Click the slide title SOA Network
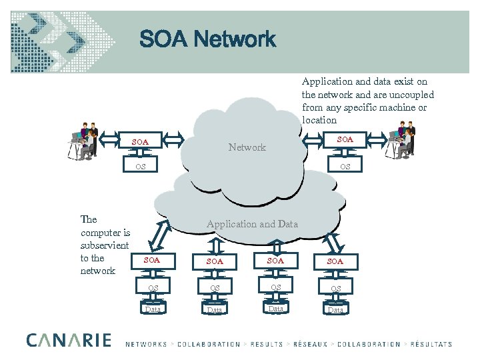pyautogui.click(x=207, y=40)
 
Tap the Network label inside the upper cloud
pyautogui.click(x=247, y=147)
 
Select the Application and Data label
pyautogui.click(x=252, y=224)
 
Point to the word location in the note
pyautogui.click(x=319, y=120)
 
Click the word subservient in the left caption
pyautogui.click(x=105, y=245)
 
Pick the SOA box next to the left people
pyautogui.click(x=140, y=142)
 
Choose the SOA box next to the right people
pyautogui.click(x=345, y=139)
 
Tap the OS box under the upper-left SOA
pyautogui.click(x=140, y=166)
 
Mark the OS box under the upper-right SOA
pyautogui.click(x=345, y=166)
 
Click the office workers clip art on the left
pyautogui.click(x=83, y=141)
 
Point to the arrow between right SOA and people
pyautogui.click(x=375, y=140)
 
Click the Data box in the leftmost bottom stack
pyautogui.click(x=153, y=309)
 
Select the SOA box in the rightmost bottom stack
pyautogui.click(x=335, y=261)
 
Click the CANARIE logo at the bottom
pyautogui.click(x=69, y=341)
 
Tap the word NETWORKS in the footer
pyautogui.click(x=146, y=345)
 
